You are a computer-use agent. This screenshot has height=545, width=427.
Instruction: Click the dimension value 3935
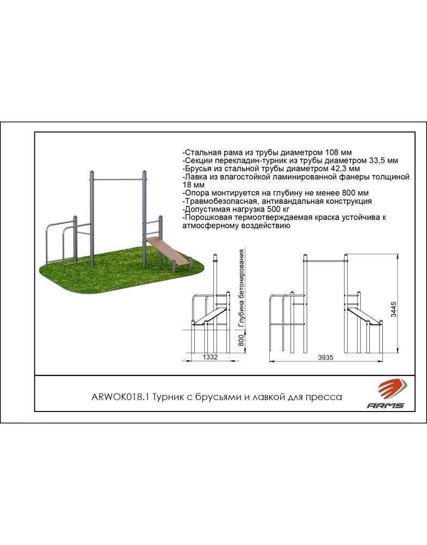pyautogui.click(x=325, y=358)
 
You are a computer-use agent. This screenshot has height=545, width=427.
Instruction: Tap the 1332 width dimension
pyautogui.click(x=210, y=357)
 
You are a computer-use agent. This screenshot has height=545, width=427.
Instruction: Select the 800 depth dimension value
pyautogui.click(x=242, y=338)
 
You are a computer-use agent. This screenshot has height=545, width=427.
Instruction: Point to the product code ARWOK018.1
pyautogui.click(x=120, y=397)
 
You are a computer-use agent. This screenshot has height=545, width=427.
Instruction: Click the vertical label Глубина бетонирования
pyautogui.click(x=242, y=288)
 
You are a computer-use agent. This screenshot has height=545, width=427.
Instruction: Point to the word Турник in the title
pyautogui.click(x=167, y=397)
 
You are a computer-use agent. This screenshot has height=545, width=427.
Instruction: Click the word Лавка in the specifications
pyautogui.click(x=195, y=177)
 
